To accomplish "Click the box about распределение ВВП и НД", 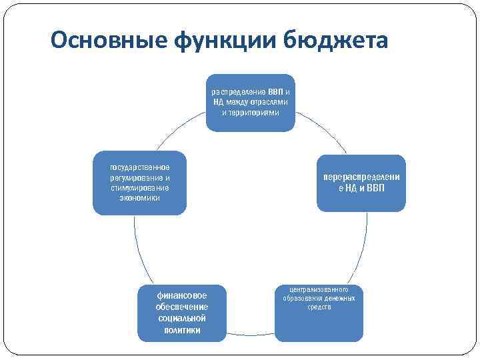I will pyautogui.click(x=250, y=101).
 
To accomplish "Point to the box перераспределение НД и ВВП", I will pyautogui.click(x=361, y=183).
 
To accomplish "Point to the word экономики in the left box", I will pyautogui.click(x=140, y=198).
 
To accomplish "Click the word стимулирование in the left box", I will pyautogui.click(x=140, y=188).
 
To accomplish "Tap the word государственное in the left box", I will pyautogui.click(x=140, y=167).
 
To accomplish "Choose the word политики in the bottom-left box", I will pyautogui.click(x=182, y=330).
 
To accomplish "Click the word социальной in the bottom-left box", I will pyautogui.click(x=182, y=319).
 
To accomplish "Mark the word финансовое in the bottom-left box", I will pyautogui.click(x=182, y=295).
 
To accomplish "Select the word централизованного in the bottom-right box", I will pyautogui.click(x=319, y=290).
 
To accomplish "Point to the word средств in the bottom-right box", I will pyautogui.click(x=319, y=307).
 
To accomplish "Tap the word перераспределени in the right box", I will pyautogui.click(x=361, y=178).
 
